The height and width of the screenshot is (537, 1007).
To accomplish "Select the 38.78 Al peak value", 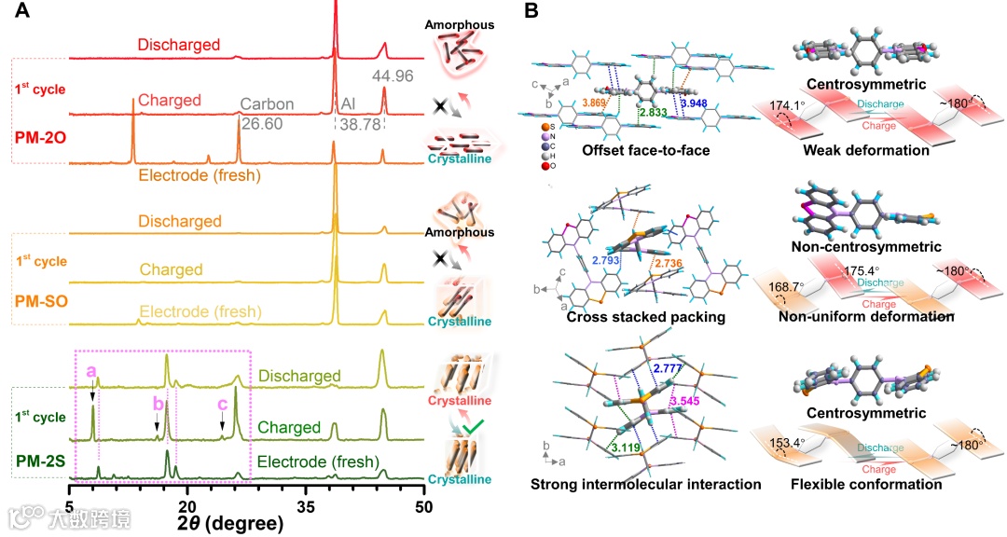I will coord(360,122).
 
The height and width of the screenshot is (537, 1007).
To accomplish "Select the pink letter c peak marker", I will coord(222,404).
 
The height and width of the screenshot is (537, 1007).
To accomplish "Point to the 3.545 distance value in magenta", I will coord(687,401).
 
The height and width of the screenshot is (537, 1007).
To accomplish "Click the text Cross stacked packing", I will coord(633,317).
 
